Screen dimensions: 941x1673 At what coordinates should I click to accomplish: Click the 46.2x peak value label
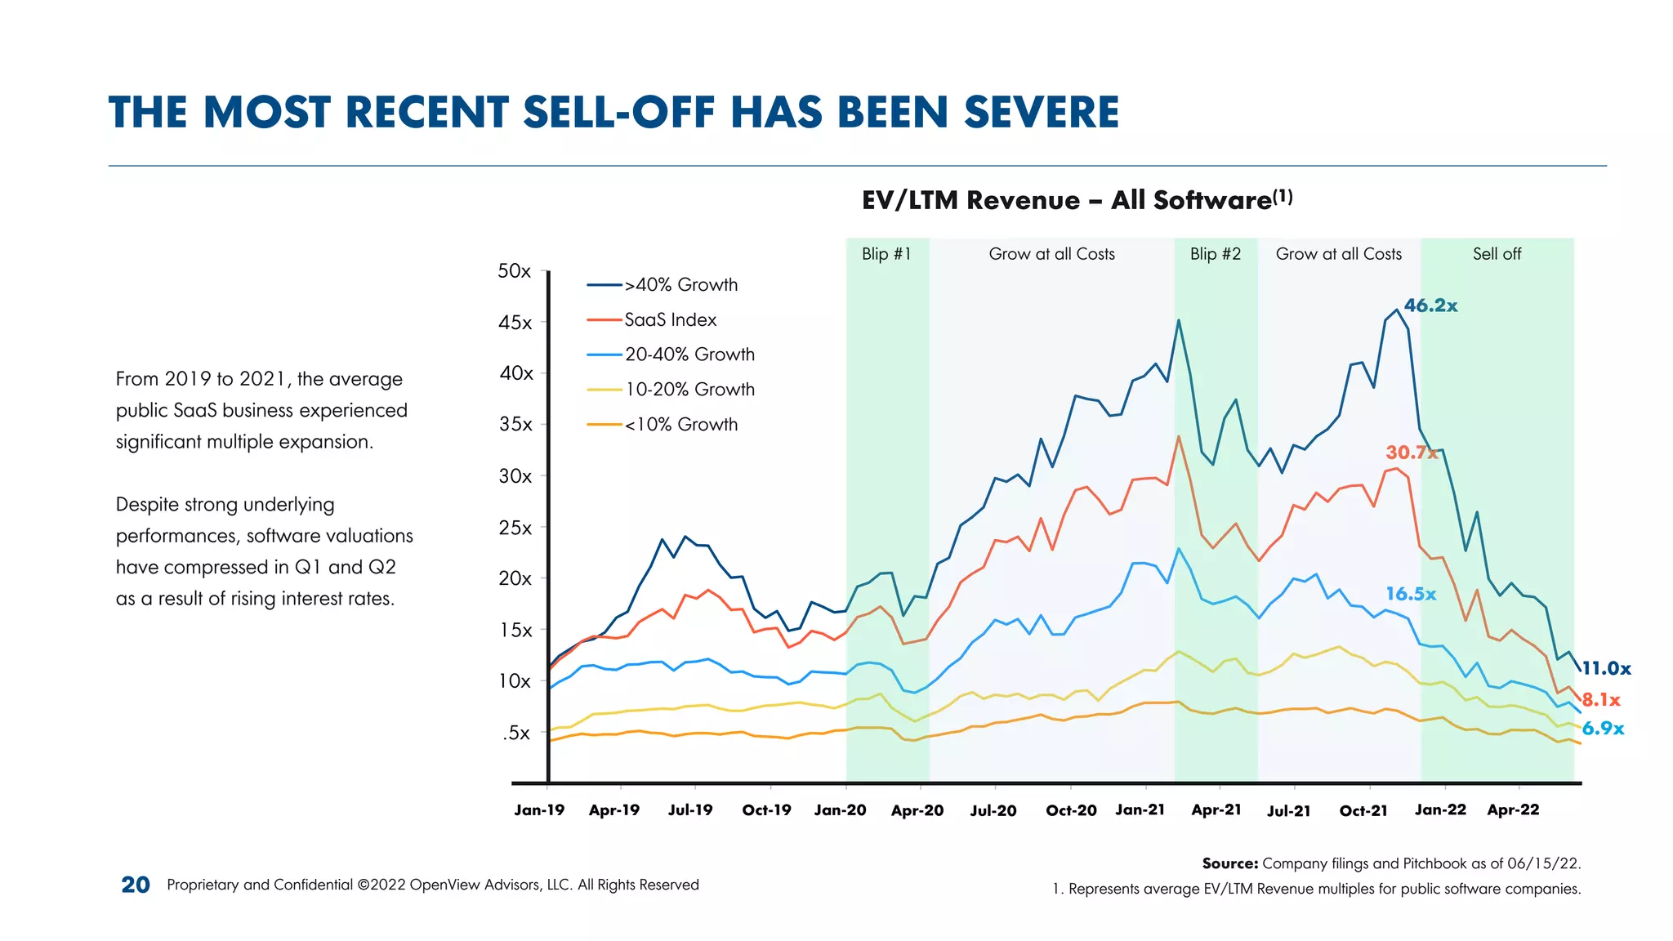(x=1430, y=305)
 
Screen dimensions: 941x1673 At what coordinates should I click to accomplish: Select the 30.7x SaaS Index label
(x=1411, y=453)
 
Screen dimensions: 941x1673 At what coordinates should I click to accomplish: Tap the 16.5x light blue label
(x=1410, y=594)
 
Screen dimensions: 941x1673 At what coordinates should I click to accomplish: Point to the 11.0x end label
(x=1606, y=668)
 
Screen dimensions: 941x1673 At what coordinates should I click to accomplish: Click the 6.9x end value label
(x=1603, y=729)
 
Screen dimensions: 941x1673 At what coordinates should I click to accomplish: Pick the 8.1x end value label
(x=1600, y=699)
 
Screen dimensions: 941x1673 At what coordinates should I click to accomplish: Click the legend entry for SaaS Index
(x=670, y=320)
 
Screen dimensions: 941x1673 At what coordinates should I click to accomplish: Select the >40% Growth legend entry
(x=680, y=285)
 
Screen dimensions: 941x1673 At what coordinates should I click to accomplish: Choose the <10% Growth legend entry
(x=680, y=425)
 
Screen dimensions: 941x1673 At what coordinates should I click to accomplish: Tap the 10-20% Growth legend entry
(x=689, y=390)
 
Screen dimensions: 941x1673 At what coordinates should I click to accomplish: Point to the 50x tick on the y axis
(x=515, y=271)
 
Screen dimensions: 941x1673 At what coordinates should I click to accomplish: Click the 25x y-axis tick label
(x=515, y=528)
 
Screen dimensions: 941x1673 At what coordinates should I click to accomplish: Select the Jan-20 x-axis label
(x=840, y=810)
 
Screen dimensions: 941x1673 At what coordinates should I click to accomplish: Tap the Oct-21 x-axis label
(x=1363, y=811)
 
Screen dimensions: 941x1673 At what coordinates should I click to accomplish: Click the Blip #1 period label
(x=886, y=254)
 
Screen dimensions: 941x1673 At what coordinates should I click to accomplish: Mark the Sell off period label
(x=1497, y=254)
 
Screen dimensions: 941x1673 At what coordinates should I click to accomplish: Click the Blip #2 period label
(x=1215, y=254)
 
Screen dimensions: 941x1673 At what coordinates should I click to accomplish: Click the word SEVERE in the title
(x=1042, y=113)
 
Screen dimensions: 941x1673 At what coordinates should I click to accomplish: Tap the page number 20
(x=136, y=885)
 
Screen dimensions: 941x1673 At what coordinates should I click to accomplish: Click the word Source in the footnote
(x=1229, y=863)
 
